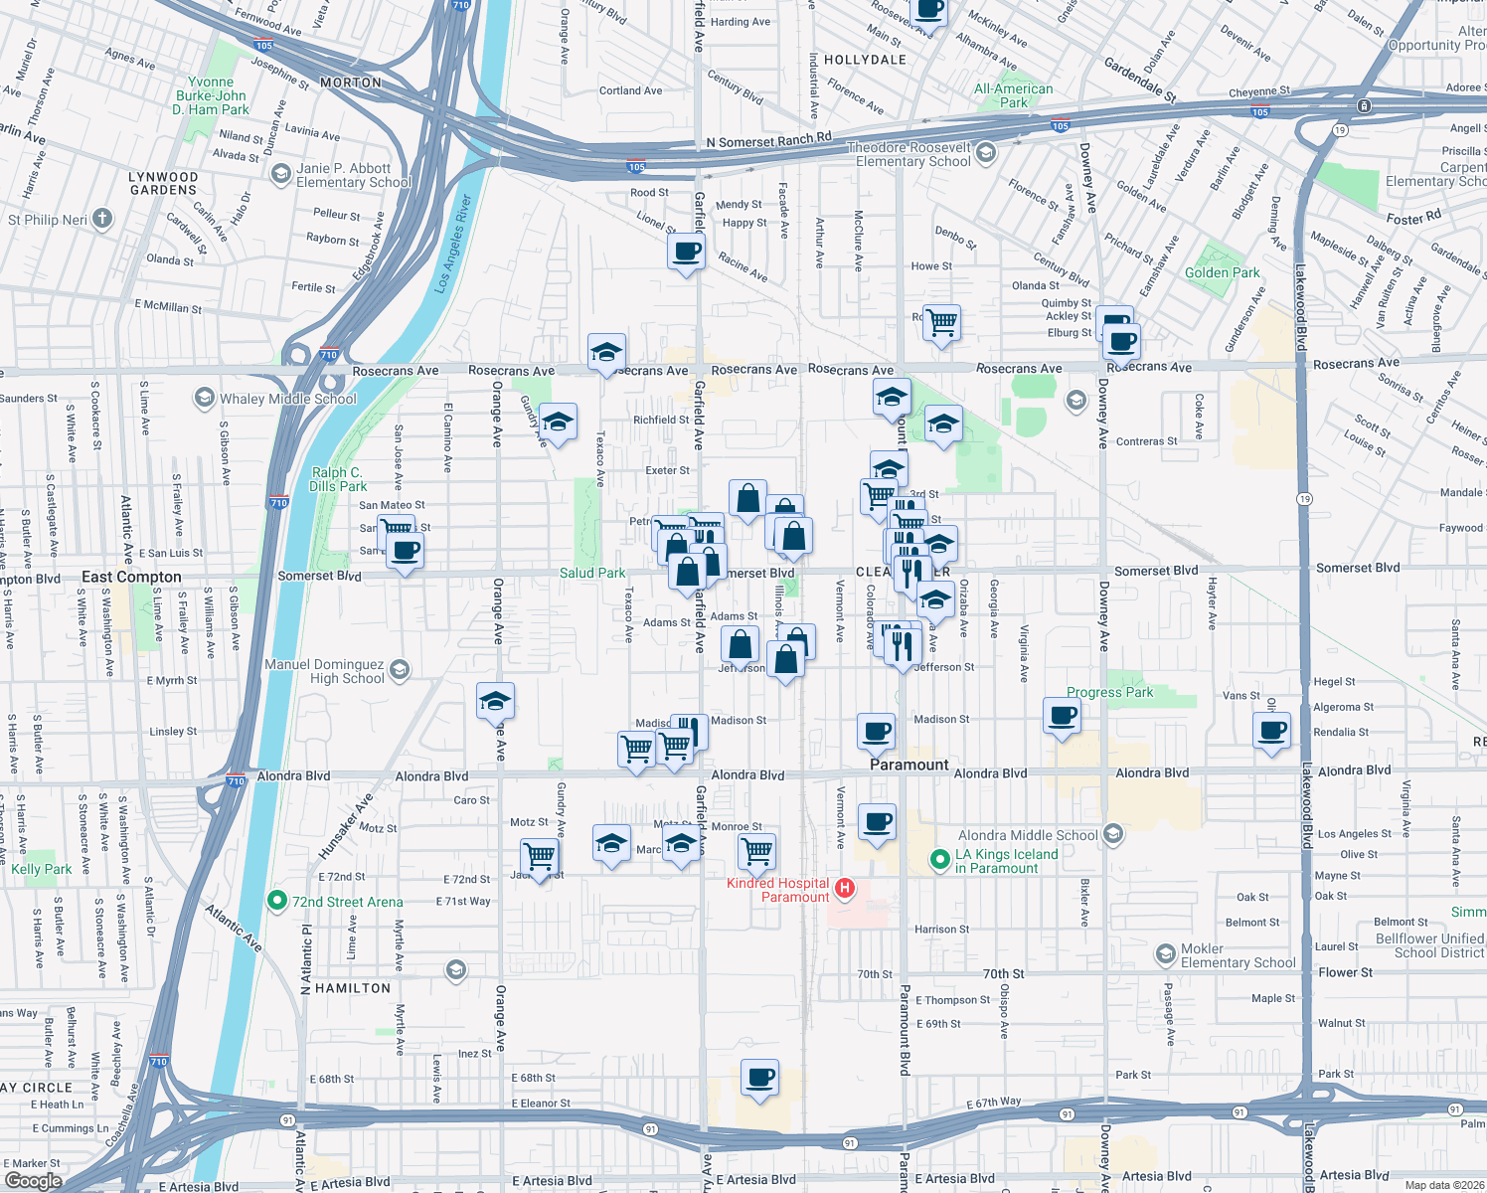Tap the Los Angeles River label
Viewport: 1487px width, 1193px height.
[452, 244]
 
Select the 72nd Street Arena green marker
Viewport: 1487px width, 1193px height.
[277, 901]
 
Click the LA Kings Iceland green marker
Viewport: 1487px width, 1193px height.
[939, 860]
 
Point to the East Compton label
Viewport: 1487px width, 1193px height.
[131, 577]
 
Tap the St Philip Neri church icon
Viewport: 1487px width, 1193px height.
[102, 220]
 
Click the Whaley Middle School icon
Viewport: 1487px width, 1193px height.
[204, 399]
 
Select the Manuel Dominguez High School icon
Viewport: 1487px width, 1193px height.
[400, 670]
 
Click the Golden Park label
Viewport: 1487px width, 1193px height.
[1222, 272]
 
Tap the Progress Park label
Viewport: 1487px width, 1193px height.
[1109, 692]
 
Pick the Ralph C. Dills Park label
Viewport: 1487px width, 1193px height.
[337, 479]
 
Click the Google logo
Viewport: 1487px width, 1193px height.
[33, 1180]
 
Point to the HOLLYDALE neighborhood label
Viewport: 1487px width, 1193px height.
[865, 60]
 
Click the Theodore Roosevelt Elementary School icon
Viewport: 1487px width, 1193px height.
[986, 152]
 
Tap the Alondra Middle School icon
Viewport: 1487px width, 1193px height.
[1113, 834]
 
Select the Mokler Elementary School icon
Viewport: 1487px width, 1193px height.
[1165, 955]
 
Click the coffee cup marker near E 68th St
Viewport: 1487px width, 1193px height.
[760, 1078]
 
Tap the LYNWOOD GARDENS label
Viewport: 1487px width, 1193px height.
[164, 183]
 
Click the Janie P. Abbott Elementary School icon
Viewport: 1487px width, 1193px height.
[281, 174]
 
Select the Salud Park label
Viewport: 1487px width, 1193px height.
[592, 573]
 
